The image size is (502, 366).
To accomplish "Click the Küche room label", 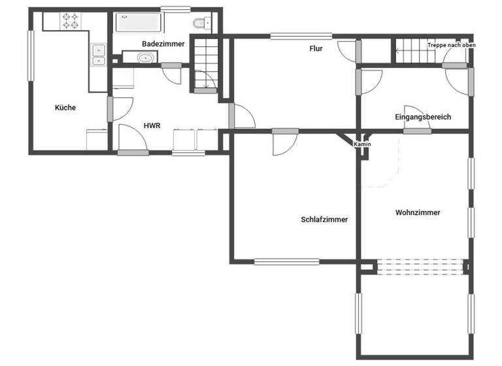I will tap(65, 108).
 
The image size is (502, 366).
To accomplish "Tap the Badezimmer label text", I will tap(163, 44).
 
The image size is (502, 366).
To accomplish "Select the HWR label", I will tap(152, 125).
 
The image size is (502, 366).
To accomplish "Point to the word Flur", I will tap(316, 48).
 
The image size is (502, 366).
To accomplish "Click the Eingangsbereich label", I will tap(423, 117).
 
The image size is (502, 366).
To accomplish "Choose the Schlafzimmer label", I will tap(324, 220).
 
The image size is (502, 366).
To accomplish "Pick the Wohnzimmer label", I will tap(418, 212).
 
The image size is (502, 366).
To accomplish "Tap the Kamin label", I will tap(362, 143).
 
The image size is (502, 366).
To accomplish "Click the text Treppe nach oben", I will tap(451, 45).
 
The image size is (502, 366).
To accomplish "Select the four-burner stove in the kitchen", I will tap(70, 21).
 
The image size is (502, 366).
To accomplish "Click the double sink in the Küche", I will tap(99, 55).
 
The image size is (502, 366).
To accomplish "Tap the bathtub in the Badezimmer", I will tap(138, 24).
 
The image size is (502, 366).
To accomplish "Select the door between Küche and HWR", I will tap(110, 108).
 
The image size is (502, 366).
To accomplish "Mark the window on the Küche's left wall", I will tap(30, 56).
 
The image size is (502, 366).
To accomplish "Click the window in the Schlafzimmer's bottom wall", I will tap(287, 262).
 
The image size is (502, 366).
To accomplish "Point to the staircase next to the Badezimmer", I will tap(204, 63).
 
